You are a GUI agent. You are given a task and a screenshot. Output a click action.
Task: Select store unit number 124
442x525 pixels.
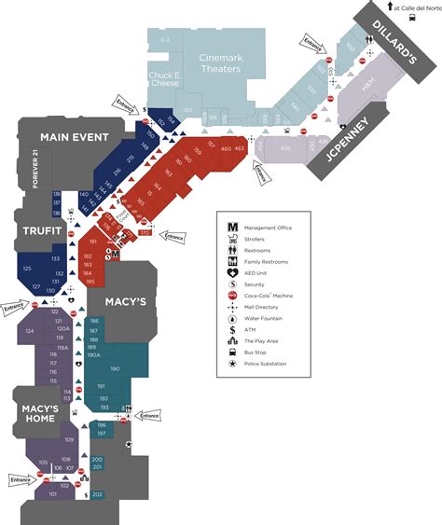tap(30, 331)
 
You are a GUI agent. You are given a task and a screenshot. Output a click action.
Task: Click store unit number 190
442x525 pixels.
tap(127, 369)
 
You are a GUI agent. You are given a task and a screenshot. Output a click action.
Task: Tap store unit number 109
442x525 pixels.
tap(69, 439)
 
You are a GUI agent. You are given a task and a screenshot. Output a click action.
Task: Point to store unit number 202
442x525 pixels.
tap(97, 494)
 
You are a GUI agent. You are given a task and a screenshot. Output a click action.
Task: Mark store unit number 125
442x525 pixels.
tap(26, 269)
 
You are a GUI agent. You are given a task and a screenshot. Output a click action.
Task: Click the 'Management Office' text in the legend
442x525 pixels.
tap(271, 228)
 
